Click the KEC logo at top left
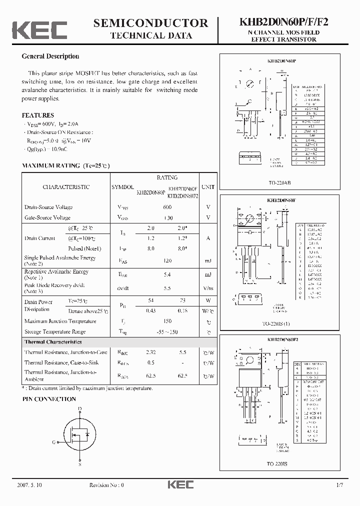[39, 29]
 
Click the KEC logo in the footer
[180, 484]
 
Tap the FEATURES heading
[38, 114]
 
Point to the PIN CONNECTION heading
[49, 399]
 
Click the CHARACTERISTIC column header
[66, 187]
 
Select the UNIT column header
[208, 186]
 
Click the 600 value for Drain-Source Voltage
[167, 207]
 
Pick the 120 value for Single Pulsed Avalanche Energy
[167, 260]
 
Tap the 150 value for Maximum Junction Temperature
[167, 321]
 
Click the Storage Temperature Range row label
[55, 331]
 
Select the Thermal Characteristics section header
[53, 342]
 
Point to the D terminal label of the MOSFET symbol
[80, 409]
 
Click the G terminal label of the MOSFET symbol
[53, 442]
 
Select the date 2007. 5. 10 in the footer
[29, 485]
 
